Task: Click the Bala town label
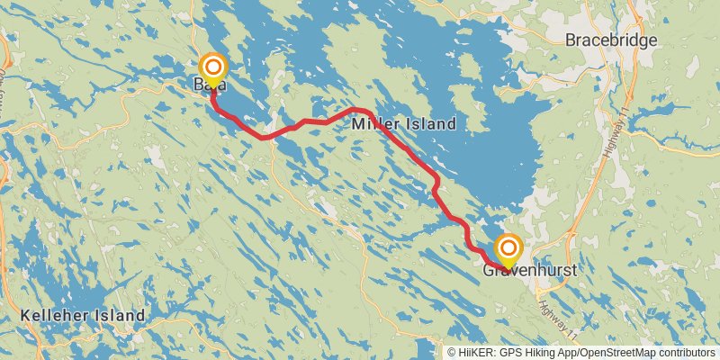pyautogui.click(x=209, y=85)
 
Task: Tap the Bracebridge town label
pyautogui.click(x=612, y=40)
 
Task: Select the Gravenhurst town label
pyautogui.click(x=529, y=269)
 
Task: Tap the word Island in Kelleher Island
pyautogui.click(x=119, y=316)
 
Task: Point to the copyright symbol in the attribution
pyautogui.click(x=452, y=352)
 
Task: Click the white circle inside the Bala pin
pyautogui.click(x=213, y=67)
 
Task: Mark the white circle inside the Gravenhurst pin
pyautogui.click(x=508, y=247)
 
